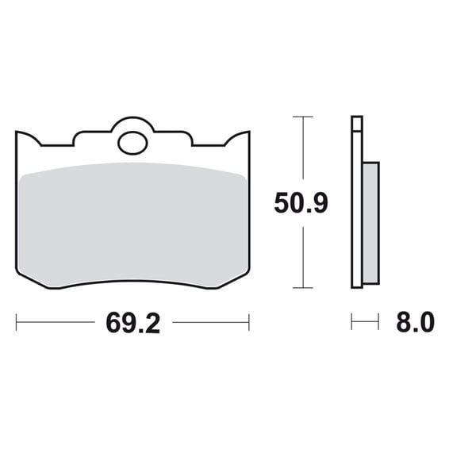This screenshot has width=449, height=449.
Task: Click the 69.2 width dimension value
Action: tap(132, 324)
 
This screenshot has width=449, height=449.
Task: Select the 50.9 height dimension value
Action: tap(301, 203)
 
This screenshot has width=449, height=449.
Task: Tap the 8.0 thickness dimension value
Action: tap(416, 322)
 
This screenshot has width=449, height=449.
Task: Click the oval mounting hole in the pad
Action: tap(132, 143)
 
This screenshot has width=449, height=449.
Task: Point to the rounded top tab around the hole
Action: tap(132, 121)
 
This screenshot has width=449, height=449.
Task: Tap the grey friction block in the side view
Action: tap(371, 223)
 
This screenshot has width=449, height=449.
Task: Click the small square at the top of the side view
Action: tap(357, 124)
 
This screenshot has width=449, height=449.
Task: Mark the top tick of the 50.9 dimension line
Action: tap(303, 117)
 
